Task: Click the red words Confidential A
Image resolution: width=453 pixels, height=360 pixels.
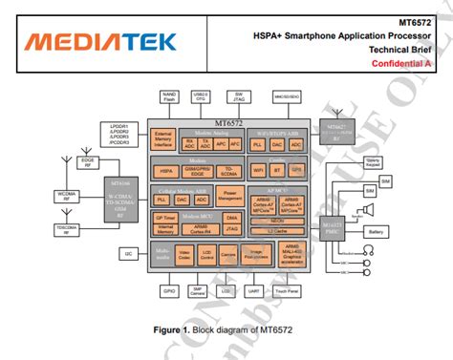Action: tap(402, 63)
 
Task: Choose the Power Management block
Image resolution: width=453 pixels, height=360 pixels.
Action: tap(229, 194)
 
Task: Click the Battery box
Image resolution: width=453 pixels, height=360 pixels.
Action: tap(376, 232)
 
